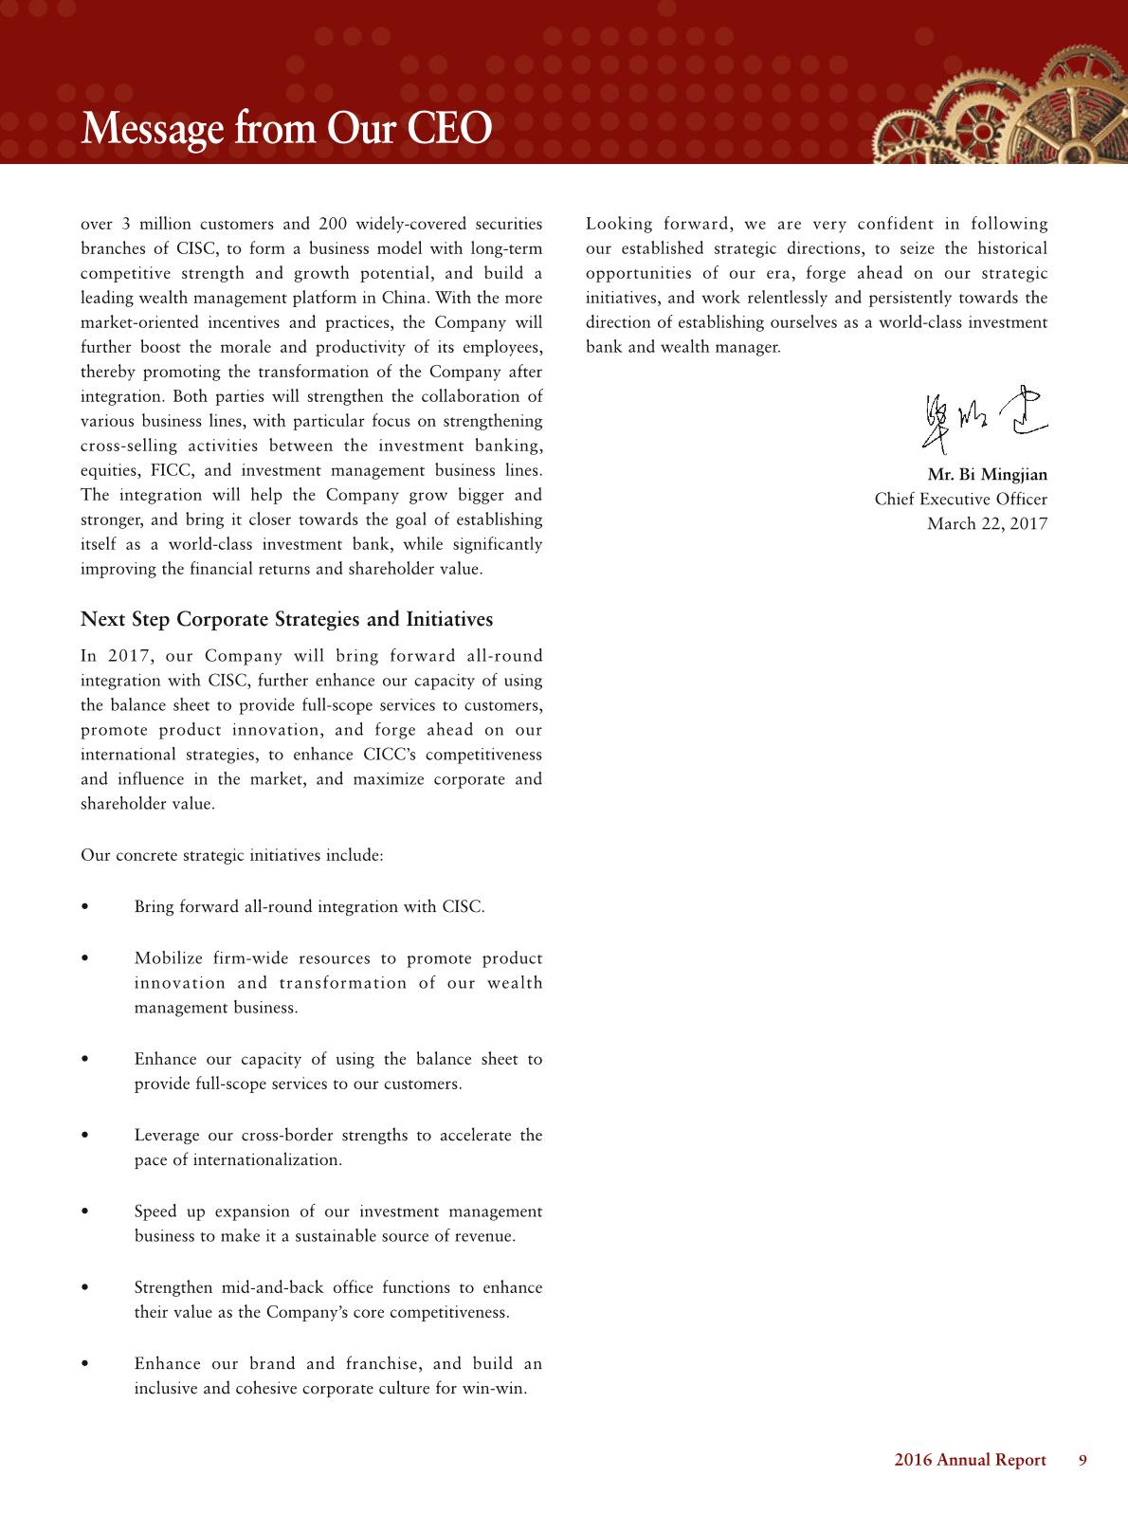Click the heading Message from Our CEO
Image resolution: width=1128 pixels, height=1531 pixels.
pos(286,129)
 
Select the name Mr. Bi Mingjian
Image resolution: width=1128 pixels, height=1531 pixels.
pos(987,474)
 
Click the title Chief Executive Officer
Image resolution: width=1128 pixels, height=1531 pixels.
pos(960,499)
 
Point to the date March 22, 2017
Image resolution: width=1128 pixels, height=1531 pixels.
pos(987,523)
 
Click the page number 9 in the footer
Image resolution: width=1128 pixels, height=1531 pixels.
pos(1083,1460)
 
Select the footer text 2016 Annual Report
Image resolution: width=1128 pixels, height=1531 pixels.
pos(970,1460)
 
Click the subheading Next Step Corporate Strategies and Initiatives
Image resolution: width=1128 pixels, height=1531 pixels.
pos(286,619)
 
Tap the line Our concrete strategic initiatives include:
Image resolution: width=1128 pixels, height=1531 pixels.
pos(232,855)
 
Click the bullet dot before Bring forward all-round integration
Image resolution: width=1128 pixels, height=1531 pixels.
pos(86,907)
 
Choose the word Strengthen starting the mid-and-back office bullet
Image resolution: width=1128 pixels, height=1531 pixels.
pos(173,1287)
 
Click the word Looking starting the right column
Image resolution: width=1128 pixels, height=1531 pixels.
pos(619,224)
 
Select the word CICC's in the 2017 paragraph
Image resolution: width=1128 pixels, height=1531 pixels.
pos(386,755)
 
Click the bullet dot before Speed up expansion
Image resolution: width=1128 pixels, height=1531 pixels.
pos(86,1212)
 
